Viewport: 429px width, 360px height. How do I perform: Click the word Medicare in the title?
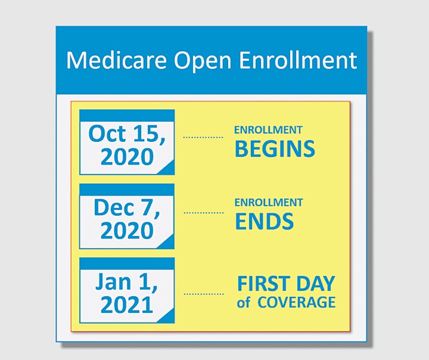click(x=116, y=60)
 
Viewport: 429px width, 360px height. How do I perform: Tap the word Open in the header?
click(x=203, y=61)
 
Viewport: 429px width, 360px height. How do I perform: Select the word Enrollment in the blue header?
click(x=298, y=60)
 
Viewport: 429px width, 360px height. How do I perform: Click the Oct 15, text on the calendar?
click(x=127, y=134)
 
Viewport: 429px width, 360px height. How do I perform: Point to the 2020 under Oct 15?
click(x=127, y=157)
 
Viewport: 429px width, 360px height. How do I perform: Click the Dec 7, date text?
click(x=127, y=208)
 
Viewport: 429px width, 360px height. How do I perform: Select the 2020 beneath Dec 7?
click(x=127, y=231)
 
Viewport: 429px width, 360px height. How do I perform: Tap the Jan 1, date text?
click(x=127, y=282)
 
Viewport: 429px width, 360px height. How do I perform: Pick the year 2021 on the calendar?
click(x=127, y=305)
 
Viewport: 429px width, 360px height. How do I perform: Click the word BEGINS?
click(x=275, y=148)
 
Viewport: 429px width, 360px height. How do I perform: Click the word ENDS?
click(x=265, y=221)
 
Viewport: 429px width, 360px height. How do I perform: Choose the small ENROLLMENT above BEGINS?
click(x=268, y=130)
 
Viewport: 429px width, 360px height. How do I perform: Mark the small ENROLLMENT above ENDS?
click(x=269, y=203)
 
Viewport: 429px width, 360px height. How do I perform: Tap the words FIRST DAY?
click(x=286, y=284)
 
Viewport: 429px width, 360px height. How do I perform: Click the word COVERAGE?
click(x=297, y=302)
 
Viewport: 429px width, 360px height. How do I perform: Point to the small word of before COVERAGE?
click(x=244, y=302)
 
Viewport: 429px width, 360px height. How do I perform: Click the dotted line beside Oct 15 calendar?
click(x=203, y=137)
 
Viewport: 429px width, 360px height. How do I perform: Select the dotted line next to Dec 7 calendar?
click(x=204, y=212)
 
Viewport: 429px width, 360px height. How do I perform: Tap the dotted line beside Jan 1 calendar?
click(x=204, y=294)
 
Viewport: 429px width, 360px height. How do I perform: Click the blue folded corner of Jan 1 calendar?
click(x=168, y=316)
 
